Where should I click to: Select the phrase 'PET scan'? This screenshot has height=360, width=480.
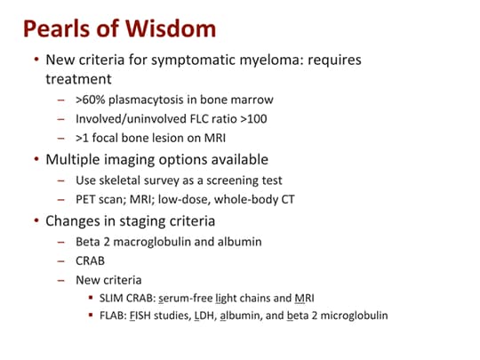pyautogui.click(x=100, y=202)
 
